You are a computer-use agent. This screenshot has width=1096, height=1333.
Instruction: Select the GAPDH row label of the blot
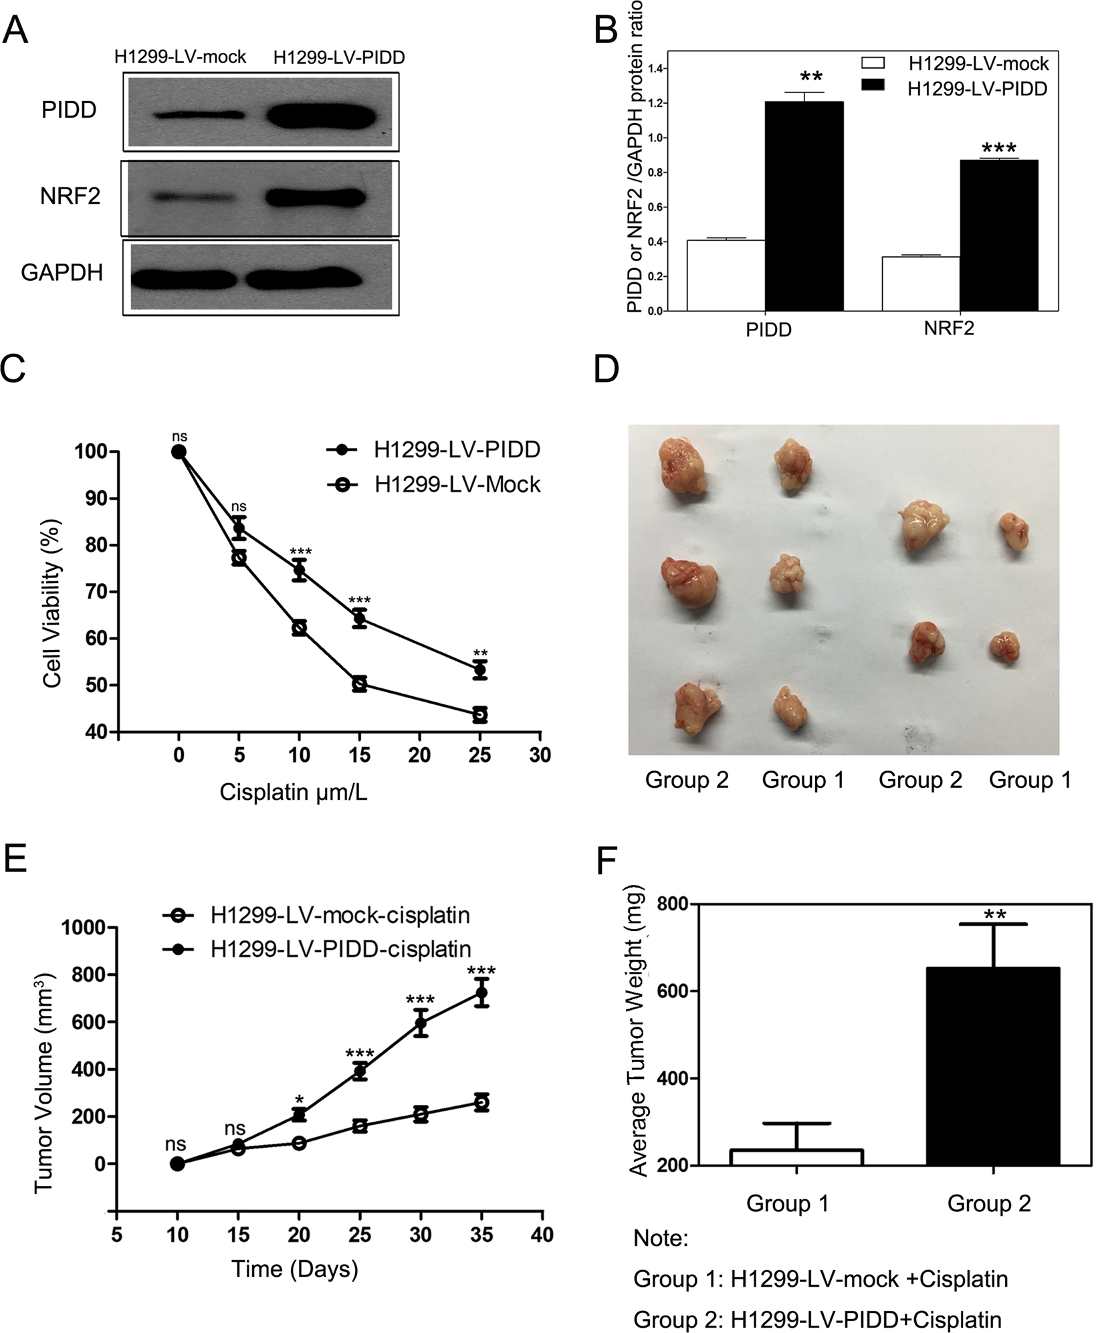point(62,273)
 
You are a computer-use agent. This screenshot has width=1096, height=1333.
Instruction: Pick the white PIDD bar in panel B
point(726,275)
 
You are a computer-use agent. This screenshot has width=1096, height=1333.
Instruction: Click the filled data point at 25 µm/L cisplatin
point(479,670)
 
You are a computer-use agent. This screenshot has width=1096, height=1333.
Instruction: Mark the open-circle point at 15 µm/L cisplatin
point(360,684)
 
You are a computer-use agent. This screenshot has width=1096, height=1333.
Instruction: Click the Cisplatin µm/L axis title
point(294,793)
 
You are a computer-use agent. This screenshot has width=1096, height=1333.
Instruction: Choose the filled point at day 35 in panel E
point(481,993)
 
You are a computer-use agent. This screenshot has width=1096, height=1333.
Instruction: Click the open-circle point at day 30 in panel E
point(421,1114)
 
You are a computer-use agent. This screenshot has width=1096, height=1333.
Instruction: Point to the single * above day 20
point(300,1100)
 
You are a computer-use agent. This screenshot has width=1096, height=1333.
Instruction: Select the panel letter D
point(607,370)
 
